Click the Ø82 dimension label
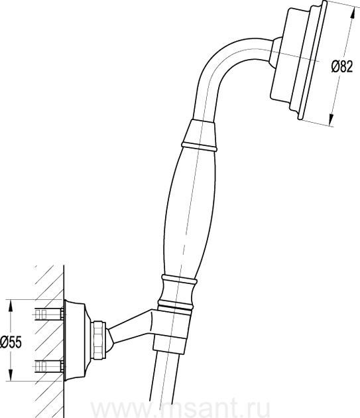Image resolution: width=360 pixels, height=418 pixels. [342, 66]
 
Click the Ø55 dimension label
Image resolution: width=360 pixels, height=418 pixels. [11, 342]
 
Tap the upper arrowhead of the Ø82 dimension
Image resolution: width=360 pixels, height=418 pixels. [352, 13]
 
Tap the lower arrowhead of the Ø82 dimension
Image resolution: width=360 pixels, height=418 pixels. [331, 119]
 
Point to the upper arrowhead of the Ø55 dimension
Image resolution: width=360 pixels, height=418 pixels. [11, 306]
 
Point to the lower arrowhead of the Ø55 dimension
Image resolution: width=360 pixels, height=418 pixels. [11, 375]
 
